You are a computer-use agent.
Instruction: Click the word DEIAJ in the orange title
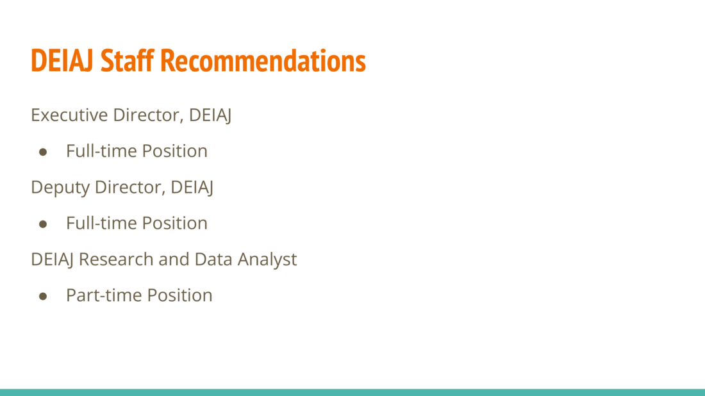click(62, 60)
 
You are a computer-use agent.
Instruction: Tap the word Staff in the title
click(128, 60)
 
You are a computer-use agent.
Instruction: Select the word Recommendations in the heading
click(263, 60)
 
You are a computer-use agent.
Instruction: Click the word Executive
click(69, 115)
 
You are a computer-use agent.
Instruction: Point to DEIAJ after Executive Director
click(210, 115)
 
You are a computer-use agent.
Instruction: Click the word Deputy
click(60, 188)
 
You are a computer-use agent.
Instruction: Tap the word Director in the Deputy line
click(130, 187)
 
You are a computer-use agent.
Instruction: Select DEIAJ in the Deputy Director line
click(192, 188)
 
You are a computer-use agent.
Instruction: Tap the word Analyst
click(267, 260)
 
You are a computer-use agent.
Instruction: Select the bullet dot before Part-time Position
click(43, 296)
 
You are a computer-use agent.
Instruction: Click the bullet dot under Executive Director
click(43, 152)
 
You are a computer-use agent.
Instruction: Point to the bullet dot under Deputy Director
click(43, 224)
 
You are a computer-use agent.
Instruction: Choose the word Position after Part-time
click(180, 295)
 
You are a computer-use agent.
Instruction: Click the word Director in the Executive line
click(149, 115)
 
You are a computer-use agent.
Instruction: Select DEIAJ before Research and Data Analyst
click(52, 260)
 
